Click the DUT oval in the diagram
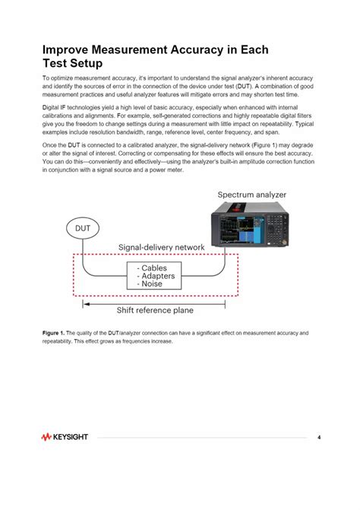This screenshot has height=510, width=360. [x=83, y=227]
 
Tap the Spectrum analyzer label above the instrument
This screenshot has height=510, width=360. [x=253, y=195]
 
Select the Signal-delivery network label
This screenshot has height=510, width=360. [x=161, y=248]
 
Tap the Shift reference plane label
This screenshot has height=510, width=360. [x=154, y=310]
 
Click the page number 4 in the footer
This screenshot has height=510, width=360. [x=319, y=438]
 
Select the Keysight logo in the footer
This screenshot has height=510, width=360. [x=65, y=438]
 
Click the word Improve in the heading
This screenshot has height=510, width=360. [x=68, y=50]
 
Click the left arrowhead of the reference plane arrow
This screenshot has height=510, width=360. [x=86, y=303]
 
